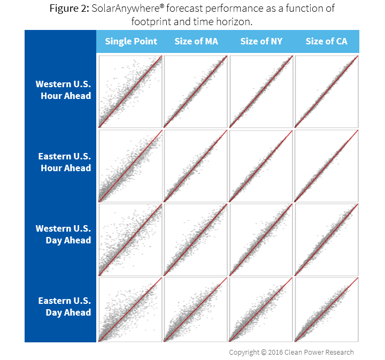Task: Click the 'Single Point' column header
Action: click(x=131, y=41)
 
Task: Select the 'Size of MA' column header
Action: click(x=196, y=41)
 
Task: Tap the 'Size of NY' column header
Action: click(x=261, y=41)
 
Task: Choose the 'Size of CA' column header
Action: click(x=326, y=41)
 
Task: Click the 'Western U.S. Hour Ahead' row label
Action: click(x=63, y=90)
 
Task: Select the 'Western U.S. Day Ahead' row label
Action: click(x=63, y=234)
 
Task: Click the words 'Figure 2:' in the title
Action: click(x=69, y=9)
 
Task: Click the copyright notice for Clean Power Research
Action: click(x=291, y=352)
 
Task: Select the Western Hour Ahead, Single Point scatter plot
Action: click(x=130, y=91)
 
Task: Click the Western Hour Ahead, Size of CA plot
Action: click(x=326, y=91)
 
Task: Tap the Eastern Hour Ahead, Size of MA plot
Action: click(x=196, y=165)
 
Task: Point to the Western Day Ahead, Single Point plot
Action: click(x=130, y=238)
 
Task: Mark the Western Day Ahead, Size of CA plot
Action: click(x=326, y=238)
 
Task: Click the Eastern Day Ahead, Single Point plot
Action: click(x=130, y=309)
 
